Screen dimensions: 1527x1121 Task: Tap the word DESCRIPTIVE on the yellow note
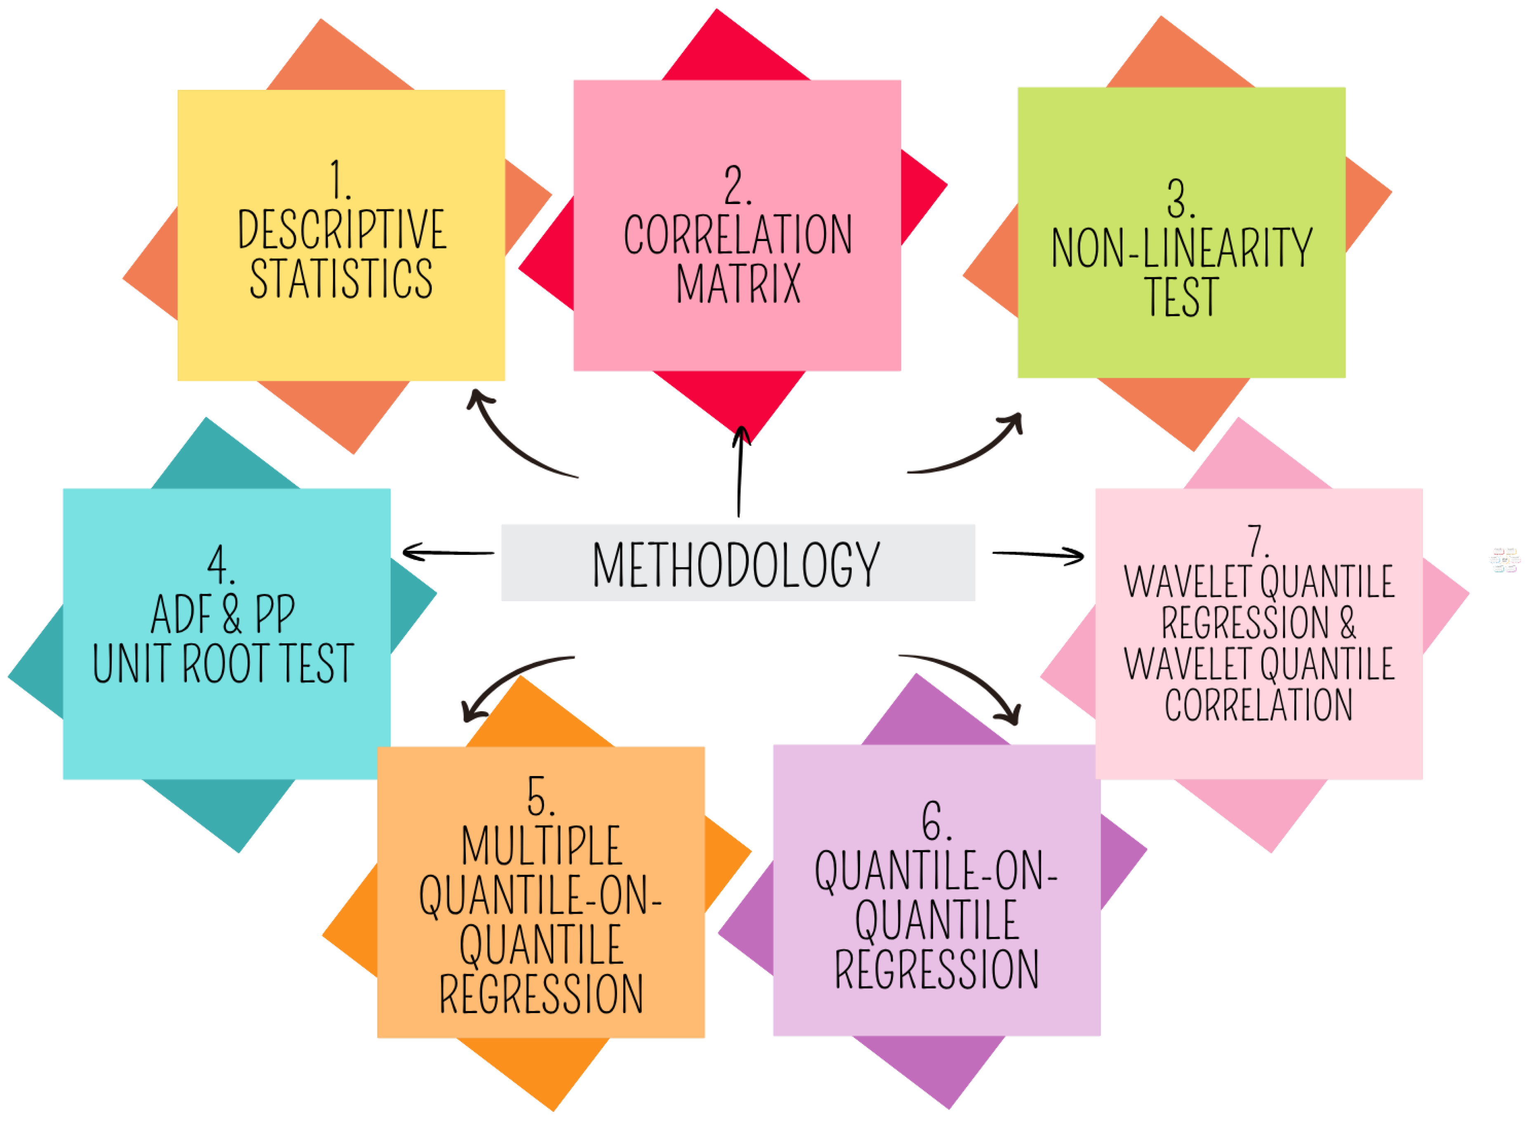(342, 230)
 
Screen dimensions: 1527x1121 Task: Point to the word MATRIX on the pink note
(738, 284)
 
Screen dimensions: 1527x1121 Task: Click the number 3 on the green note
(1181, 199)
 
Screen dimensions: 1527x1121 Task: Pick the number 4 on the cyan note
(221, 565)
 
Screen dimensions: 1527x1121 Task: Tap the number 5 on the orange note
(540, 796)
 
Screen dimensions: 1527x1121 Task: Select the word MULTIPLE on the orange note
(541, 846)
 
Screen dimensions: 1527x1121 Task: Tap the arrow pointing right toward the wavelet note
(1037, 556)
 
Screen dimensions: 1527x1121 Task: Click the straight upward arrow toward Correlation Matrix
(740, 471)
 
